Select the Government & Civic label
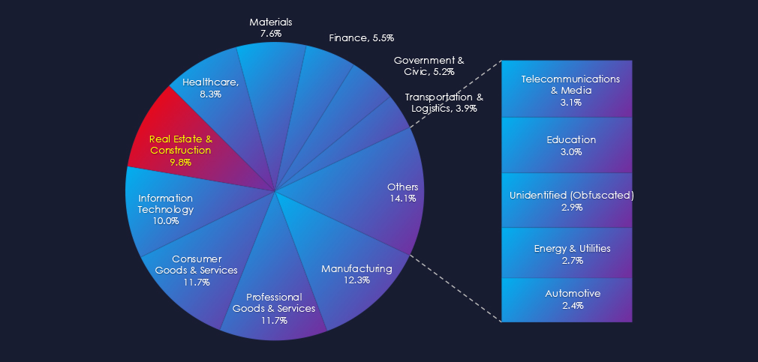[429, 65]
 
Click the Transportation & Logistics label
[444, 103]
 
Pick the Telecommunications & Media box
[567, 89]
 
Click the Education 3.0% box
[567, 145]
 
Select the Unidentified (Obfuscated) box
[567, 200]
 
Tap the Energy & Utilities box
[567, 253]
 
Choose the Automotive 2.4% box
[567, 299]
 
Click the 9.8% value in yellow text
[181, 162]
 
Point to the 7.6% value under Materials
[270, 34]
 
